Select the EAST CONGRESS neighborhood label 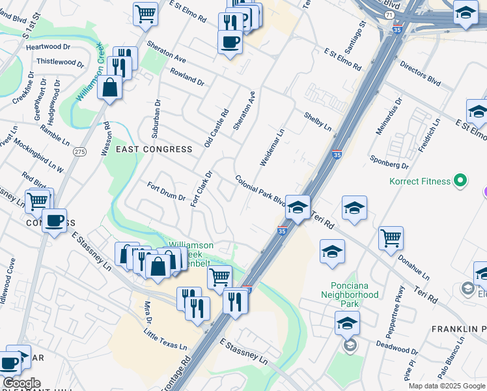[154, 149]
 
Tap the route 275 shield [79, 152]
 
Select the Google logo [21, 383]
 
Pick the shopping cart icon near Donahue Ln [390, 238]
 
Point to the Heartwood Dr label [48, 46]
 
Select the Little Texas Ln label [165, 339]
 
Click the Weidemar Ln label [272, 147]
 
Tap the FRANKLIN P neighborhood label [458, 330]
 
